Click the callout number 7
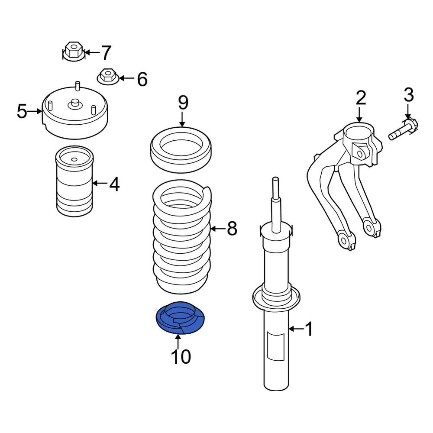(106, 52)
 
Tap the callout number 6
(142, 79)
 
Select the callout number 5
(22, 111)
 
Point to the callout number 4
(114, 184)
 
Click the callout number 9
(183, 103)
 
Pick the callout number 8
(232, 229)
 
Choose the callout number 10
(181, 356)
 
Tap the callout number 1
(309, 329)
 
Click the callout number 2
(361, 98)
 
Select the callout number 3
(409, 94)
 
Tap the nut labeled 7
(74, 52)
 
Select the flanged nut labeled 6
(108, 77)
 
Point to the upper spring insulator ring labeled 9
(181, 150)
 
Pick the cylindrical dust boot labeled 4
(74, 181)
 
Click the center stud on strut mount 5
(74, 104)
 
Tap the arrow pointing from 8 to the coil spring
(218, 229)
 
